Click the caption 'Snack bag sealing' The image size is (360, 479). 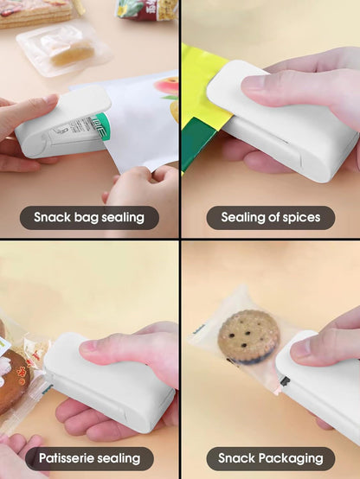tap(89, 217)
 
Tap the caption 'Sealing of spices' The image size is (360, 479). tap(270, 217)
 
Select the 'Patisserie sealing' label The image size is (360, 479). tap(89, 458)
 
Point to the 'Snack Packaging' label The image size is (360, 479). tap(270, 458)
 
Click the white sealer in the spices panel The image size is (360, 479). tap(286, 130)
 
